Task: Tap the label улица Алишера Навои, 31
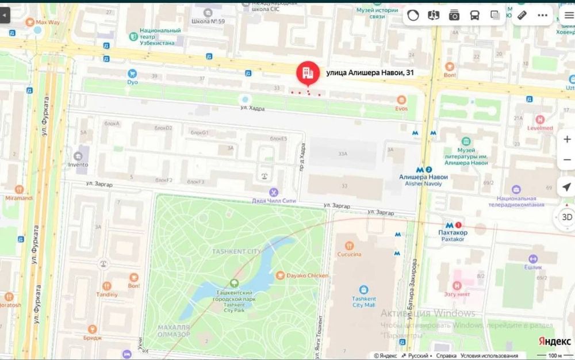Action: coord(370,72)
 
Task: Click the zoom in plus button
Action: coord(566,139)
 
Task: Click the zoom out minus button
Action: coord(566,162)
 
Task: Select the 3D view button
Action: coord(566,217)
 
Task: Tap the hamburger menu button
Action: coord(569,16)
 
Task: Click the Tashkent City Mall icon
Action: coord(363,290)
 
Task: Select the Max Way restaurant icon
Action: coord(29,22)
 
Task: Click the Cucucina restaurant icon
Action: coord(349,244)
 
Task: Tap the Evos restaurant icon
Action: coord(401,99)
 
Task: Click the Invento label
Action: coord(78,164)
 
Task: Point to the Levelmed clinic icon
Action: coord(539,120)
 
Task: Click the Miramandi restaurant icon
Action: coord(19,190)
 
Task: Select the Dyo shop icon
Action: coord(133,73)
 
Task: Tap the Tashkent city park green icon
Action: coord(234,283)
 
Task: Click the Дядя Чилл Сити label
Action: coord(274,201)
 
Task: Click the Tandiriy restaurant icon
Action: coord(106,286)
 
